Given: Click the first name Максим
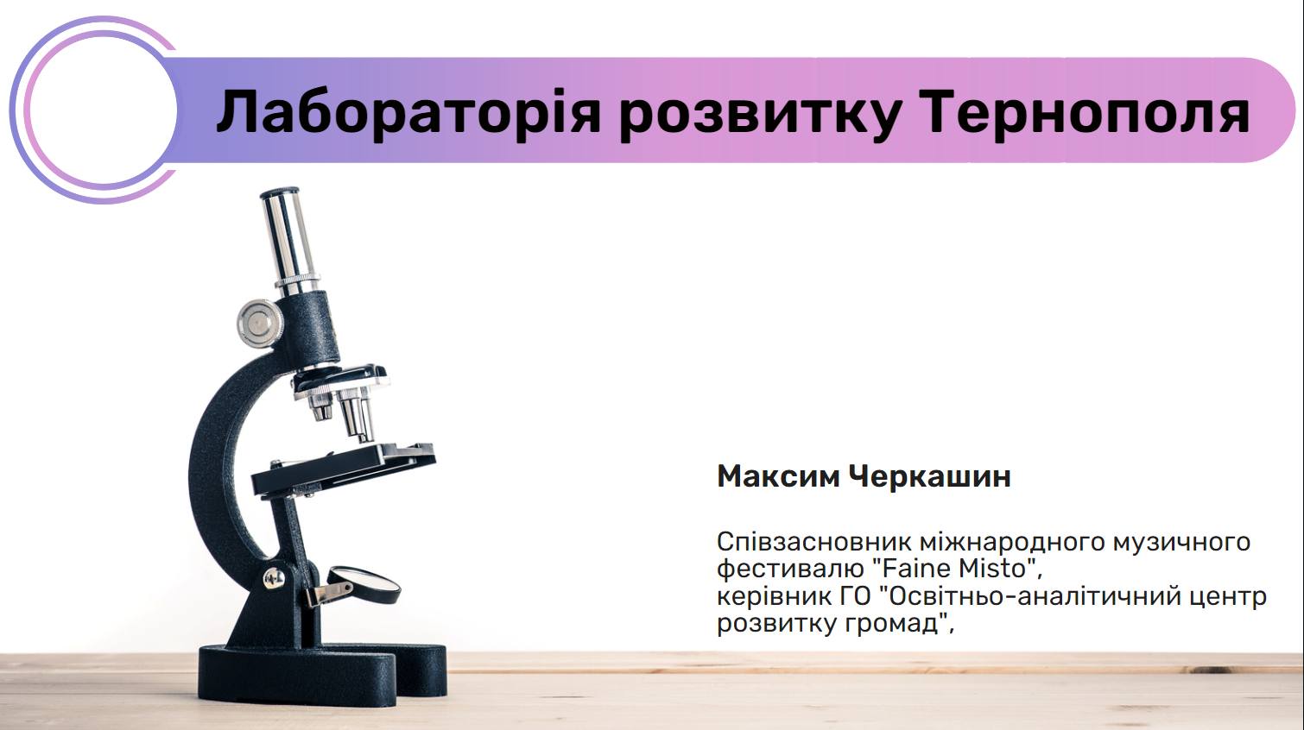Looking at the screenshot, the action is [778, 476].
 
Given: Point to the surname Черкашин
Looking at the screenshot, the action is [930, 476].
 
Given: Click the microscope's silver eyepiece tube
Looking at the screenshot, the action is [289, 237].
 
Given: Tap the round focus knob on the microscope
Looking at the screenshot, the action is [260, 323].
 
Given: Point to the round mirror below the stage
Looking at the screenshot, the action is [364, 584].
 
